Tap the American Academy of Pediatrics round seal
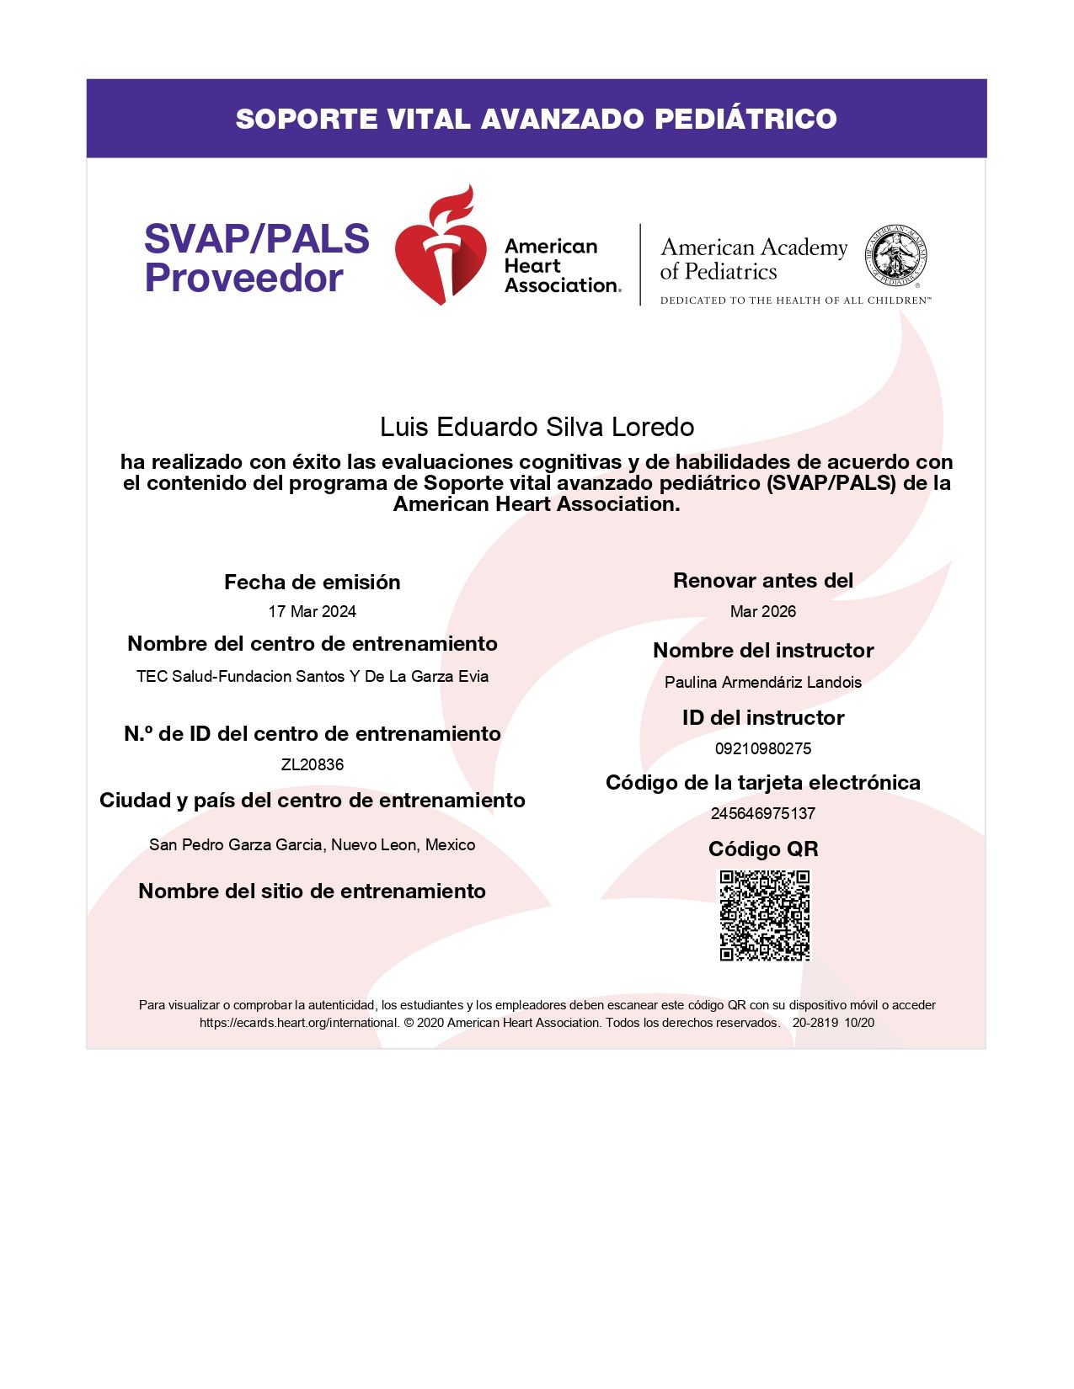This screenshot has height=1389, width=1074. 896,256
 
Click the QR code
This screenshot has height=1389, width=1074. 764,915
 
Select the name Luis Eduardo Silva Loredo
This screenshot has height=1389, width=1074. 537,427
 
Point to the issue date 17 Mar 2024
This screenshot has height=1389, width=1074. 312,611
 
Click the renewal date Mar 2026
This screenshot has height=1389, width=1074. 762,611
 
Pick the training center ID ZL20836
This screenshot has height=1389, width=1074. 312,764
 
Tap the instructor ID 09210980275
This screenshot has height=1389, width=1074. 762,748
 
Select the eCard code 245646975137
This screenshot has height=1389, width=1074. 762,813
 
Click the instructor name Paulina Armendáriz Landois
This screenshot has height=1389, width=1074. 762,682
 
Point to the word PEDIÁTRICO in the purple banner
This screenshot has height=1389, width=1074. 745,119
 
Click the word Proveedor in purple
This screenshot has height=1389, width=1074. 243,279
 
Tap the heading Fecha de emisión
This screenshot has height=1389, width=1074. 312,582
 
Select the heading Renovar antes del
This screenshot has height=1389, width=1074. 762,580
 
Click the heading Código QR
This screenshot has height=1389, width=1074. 762,849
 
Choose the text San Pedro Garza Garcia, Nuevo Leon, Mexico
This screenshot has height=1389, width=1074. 312,844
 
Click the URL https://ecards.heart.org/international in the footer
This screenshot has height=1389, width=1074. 298,1023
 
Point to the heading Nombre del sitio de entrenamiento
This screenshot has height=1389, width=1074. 312,891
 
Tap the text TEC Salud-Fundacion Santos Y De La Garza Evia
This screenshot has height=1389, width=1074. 312,676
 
